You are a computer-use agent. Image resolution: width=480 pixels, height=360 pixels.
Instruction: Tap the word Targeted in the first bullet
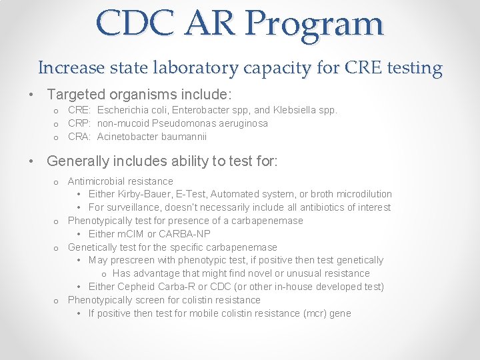(x=75, y=95)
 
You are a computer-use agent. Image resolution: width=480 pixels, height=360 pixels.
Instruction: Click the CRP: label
(x=80, y=123)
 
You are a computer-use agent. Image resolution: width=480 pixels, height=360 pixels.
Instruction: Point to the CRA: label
(x=80, y=137)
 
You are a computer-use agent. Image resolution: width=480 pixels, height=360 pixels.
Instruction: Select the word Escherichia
(x=123, y=110)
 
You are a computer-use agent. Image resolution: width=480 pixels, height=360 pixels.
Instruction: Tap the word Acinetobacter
(x=127, y=137)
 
